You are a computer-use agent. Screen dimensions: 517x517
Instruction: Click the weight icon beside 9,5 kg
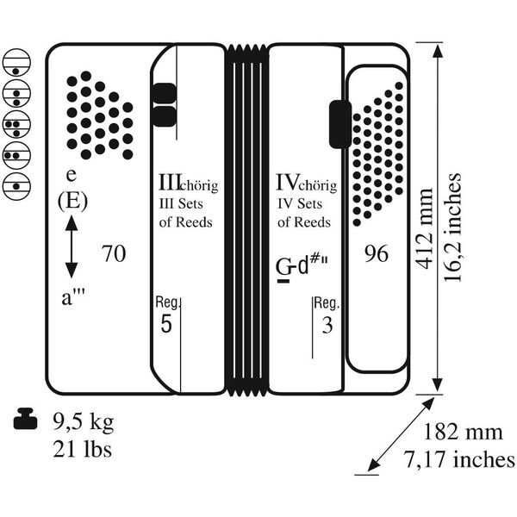[x=25, y=419]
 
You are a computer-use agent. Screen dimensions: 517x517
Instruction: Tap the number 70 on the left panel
[x=114, y=253]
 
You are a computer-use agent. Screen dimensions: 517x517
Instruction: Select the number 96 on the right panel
[x=377, y=253]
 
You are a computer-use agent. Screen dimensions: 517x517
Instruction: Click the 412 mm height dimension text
[x=425, y=229]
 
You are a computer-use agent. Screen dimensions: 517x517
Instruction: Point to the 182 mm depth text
[x=462, y=432]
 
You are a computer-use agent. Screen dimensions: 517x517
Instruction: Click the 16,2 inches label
[x=452, y=227]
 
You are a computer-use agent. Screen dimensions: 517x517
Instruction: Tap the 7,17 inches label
[x=459, y=458]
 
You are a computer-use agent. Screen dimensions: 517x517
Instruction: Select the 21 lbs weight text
[x=82, y=449]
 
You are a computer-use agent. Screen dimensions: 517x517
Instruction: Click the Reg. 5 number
[x=166, y=324]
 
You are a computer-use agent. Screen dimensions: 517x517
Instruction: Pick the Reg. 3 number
[x=327, y=325]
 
